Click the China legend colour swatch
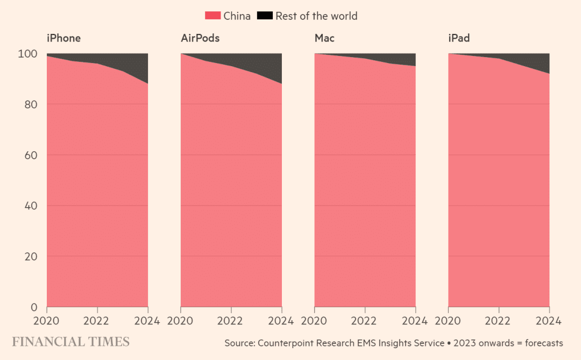[214, 16]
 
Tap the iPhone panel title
[63, 38]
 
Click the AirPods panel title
[200, 38]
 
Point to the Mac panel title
[324, 38]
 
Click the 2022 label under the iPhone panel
[97, 321]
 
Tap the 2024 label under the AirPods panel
[281, 321]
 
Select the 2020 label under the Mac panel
[315, 321]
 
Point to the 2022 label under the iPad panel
[499, 321]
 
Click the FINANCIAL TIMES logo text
[71, 342]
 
